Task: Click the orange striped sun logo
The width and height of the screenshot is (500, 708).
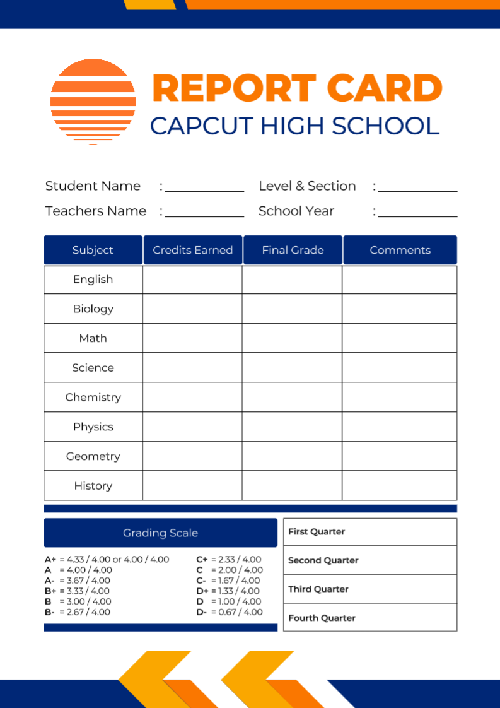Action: tap(93, 101)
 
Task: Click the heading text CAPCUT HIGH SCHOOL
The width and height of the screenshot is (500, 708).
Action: tap(294, 126)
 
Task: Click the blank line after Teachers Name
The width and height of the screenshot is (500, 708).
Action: tap(204, 213)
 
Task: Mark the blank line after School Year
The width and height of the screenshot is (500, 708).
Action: tap(417, 213)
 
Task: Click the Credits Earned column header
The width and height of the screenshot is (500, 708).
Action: tap(193, 250)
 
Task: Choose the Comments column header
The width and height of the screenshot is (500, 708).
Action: tap(400, 250)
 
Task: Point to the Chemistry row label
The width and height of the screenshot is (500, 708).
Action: tap(93, 397)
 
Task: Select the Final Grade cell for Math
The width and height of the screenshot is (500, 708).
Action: tap(292, 338)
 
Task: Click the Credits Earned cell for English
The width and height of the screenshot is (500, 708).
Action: tap(192, 280)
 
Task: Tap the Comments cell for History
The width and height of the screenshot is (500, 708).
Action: tap(399, 485)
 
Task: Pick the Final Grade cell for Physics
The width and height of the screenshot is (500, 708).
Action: tap(292, 427)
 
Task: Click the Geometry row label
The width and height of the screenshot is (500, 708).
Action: tap(93, 456)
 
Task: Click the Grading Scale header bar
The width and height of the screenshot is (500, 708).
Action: tap(160, 533)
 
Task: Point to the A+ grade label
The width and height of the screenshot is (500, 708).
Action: tap(50, 559)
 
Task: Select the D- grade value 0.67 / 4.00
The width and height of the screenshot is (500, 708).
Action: tap(240, 612)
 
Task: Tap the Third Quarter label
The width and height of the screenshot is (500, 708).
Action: tap(318, 589)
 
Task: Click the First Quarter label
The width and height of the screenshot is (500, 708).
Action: tap(317, 531)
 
